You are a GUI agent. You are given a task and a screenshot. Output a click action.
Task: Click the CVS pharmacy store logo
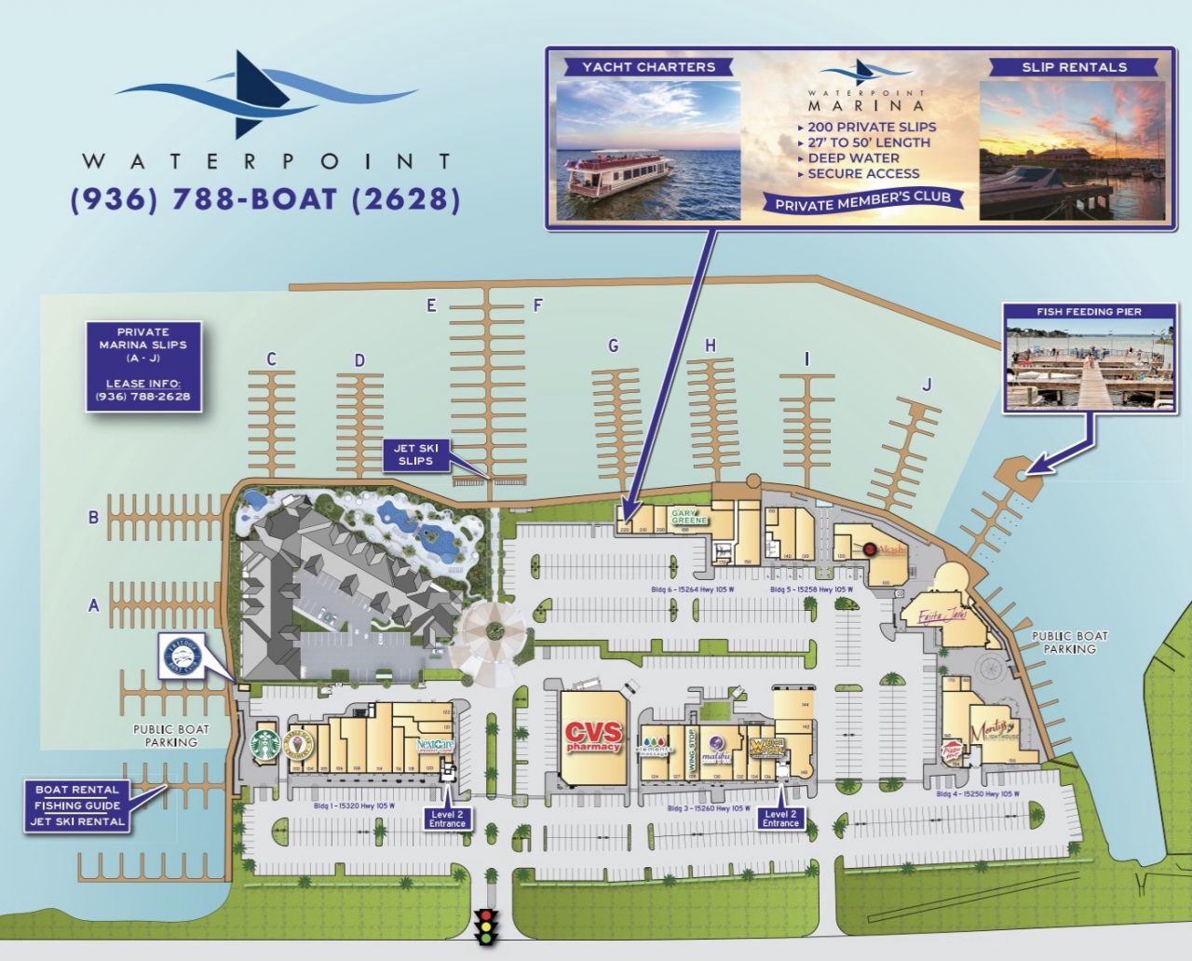coord(592,737)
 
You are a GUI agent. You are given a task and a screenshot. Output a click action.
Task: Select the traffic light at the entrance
coord(484,926)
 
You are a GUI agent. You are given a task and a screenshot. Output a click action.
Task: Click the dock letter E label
coord(431,305)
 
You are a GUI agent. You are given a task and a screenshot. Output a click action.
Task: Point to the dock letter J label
coord(927,384)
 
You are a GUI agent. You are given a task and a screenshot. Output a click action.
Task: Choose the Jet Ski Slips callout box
coord(415,454)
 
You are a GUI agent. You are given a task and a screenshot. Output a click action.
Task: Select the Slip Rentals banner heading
coord(1074,67)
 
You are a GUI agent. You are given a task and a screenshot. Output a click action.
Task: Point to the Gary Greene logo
coord(690,516)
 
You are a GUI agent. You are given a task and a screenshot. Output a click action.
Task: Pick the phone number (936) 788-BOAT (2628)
coord(265,199)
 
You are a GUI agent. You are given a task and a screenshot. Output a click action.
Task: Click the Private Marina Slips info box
coord(143,366)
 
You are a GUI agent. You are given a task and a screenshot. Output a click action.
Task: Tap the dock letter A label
coord(93,606)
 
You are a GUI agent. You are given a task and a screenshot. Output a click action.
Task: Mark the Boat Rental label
coord(77,790)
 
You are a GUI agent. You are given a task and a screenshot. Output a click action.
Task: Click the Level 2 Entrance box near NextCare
coord(447,819)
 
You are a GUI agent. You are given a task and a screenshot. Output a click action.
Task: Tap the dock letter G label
coord(613,346)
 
